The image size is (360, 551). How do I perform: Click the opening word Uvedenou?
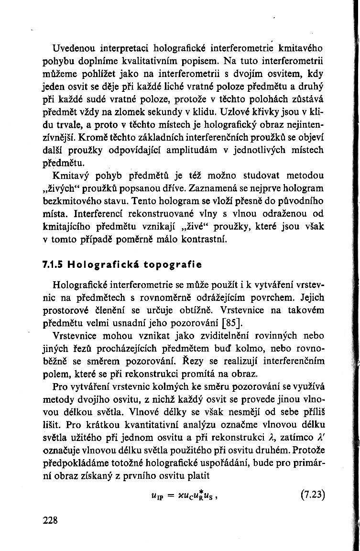click(x=76, y=48)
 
